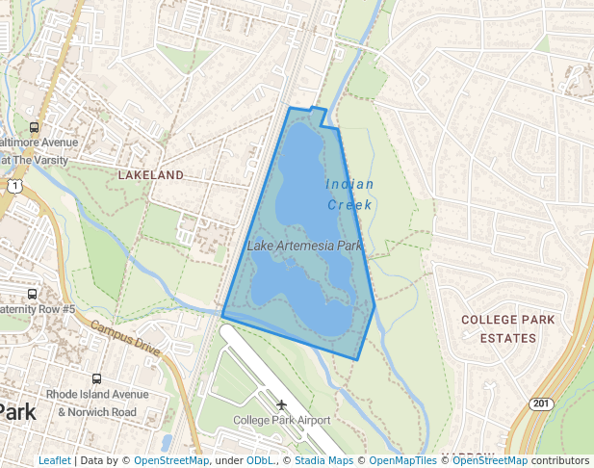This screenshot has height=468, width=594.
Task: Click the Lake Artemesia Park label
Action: [304, 246]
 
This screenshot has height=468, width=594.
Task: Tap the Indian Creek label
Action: [349, 194]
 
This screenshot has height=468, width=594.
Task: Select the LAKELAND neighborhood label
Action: [150, 175]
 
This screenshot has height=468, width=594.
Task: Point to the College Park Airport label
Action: [281, 420]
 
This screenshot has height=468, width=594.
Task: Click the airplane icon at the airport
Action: [281, 404]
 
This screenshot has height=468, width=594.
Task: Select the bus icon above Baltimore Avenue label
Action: [35, 127]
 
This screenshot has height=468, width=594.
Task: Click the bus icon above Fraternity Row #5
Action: [32, 294]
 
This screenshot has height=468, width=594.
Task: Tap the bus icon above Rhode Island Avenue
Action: [96, 379]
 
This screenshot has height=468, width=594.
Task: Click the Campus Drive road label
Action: [125, 338]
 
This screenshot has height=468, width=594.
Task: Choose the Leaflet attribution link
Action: [54, 460]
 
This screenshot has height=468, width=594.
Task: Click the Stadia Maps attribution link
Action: [323, 460]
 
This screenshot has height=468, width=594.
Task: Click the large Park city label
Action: [16, 411]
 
